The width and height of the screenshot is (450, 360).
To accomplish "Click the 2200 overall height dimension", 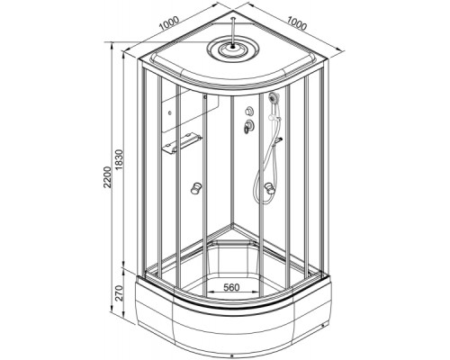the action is click(107, 177).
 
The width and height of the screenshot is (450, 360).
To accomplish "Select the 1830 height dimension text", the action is click(120, 160).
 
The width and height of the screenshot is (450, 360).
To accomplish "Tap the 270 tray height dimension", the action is click(120, 292).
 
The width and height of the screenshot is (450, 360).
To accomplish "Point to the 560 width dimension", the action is click(232, 287).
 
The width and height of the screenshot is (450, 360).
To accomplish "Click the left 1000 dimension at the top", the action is click(169, 23).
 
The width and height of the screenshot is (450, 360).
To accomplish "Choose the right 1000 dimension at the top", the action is click(297, 23).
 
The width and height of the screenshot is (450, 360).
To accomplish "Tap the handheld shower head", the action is click(274, 97).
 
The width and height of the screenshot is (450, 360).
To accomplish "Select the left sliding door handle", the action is click(196, 189).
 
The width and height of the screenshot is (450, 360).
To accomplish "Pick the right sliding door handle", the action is click(269, 189).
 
